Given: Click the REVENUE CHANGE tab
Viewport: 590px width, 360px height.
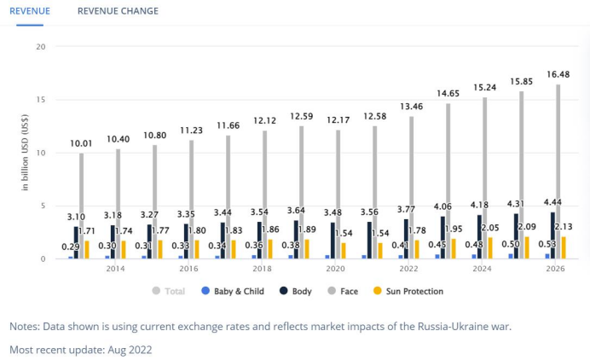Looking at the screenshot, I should pyautogui.click(x=118, y=11).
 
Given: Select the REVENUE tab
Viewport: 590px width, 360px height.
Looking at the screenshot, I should pyautogui.click(x=30, y=11).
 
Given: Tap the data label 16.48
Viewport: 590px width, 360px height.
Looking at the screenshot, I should pyautogui.click(x=559, y=74).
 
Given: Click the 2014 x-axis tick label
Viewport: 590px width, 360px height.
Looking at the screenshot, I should pyautogui.click(x=114, y=268).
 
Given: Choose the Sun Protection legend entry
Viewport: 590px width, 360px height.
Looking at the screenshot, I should pyautogui.click(x=412, y=292).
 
